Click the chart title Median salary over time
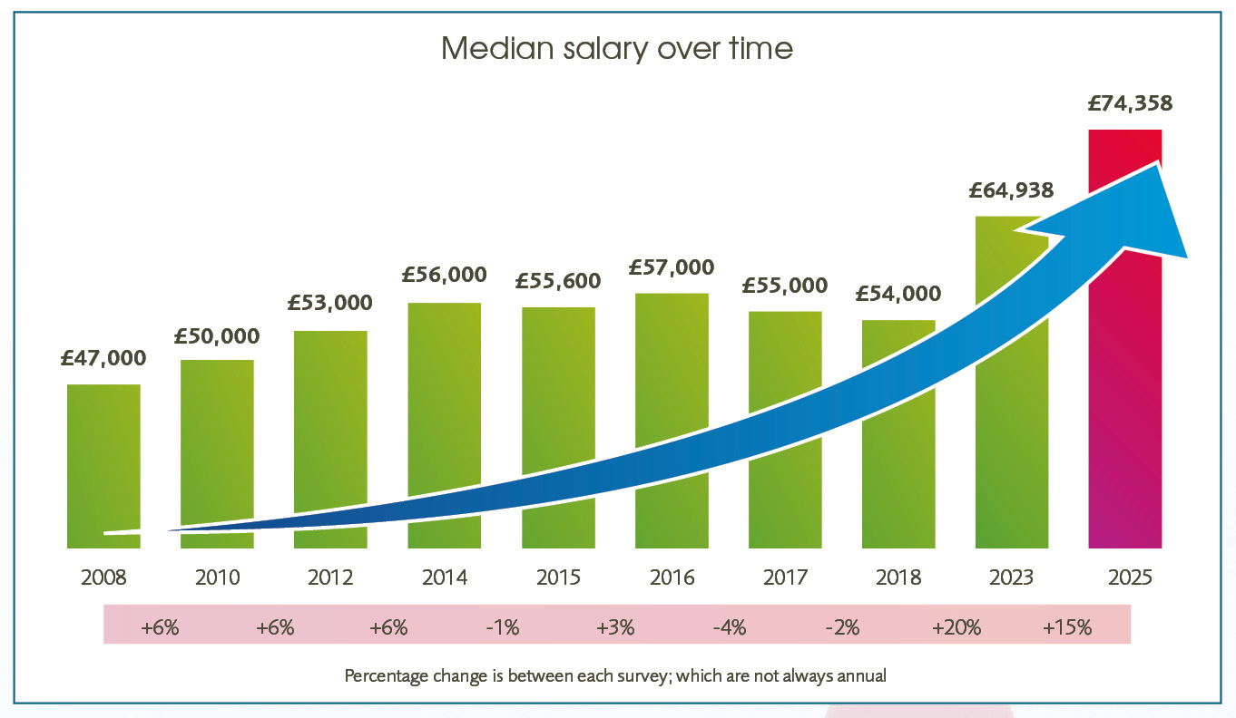[617, 48]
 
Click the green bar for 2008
[103, 453]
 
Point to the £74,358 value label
[1130, 103]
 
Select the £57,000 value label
[672, 267]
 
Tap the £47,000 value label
[103, 358]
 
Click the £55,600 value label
[557, 281]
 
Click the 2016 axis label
[672, 577]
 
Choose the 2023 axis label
[1011, 577]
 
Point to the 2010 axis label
[217, 577]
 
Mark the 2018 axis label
[898, 577]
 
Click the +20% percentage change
[956, 627]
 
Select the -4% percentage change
[729, 627]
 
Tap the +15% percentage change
[1067, 627]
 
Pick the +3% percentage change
[614, 627]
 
